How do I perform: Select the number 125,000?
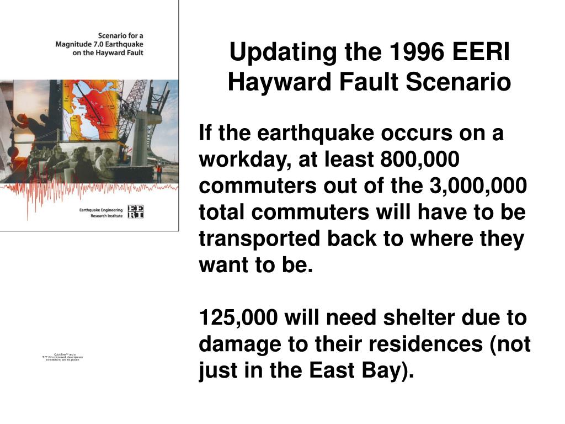coord(238,319)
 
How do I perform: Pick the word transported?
coord(259,240)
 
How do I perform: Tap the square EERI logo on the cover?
coord(135,211)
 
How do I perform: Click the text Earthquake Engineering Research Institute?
coord(102,212)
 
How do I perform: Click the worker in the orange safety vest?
coord(159,171)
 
